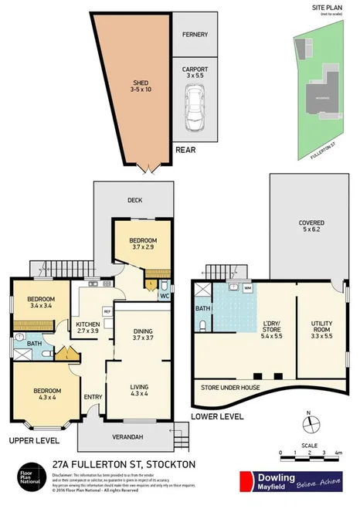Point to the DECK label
[134, 200]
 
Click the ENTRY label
[93, 398]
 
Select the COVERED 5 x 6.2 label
[311, 226]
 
